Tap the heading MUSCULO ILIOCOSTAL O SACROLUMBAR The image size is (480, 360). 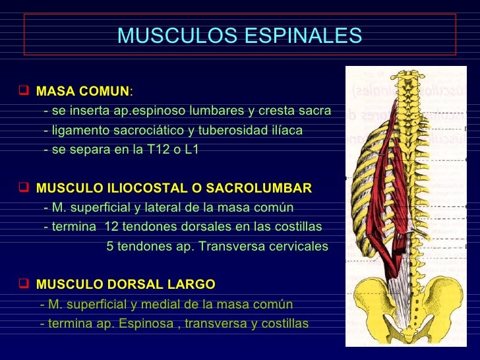tap(173, 189)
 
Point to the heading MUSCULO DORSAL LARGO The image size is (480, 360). tap(125, 285)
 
